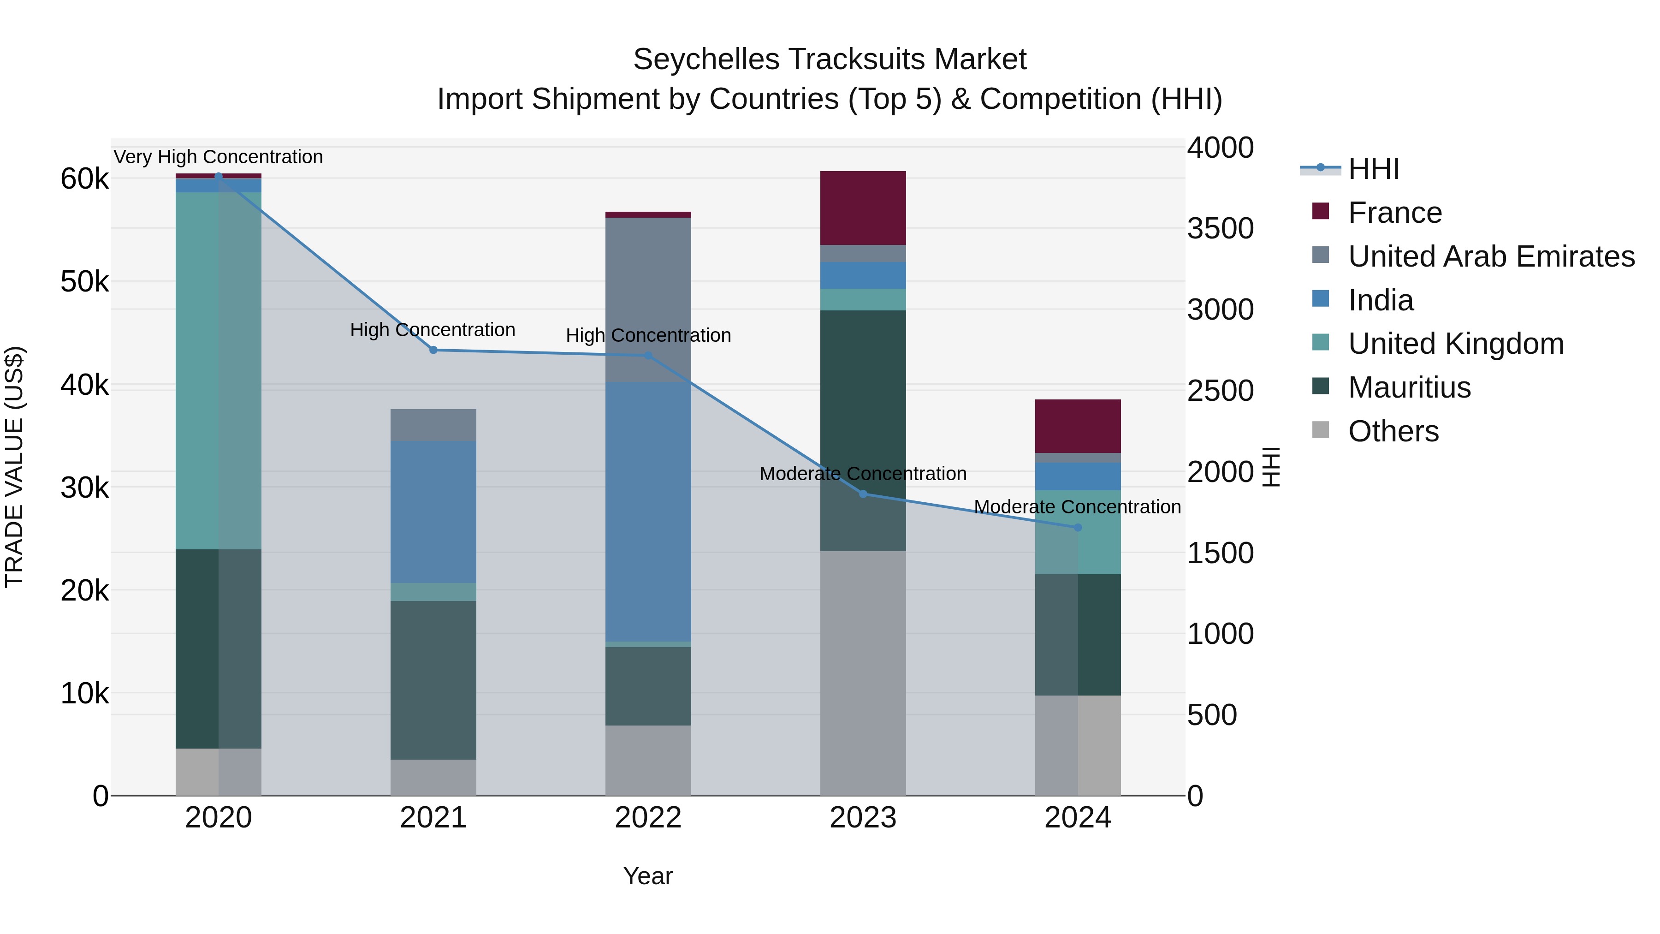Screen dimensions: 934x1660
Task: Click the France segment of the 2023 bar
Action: (863, 208)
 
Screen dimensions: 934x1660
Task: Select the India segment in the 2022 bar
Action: (648, 511)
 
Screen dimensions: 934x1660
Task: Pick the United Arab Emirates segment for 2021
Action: (433, 425)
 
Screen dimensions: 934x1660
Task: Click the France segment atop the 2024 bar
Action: (1078, 426)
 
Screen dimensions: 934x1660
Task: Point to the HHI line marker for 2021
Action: (433, 350)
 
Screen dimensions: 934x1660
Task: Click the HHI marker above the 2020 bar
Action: (219, 177)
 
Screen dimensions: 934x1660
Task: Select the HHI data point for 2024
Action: (1078, 527)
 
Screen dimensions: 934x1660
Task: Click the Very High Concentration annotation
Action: (219, 157)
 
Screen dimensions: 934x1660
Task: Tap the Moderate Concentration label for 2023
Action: (863, 474)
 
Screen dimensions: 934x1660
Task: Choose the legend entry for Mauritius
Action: (1409, 387)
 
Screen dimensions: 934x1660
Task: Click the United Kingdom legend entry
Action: (1455, 344)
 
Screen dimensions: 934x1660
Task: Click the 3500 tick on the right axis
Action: (1220, 229)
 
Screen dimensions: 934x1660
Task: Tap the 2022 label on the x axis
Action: (648, 818)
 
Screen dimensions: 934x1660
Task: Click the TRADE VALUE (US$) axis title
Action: (14, 467)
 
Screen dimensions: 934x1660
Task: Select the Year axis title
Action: (648, 876)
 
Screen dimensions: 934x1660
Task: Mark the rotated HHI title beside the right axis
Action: (1270, 467)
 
